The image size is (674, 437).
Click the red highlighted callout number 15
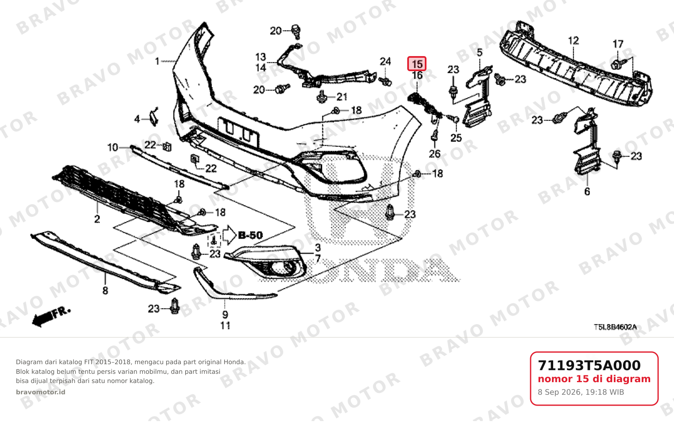417,64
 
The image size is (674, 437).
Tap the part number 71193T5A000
589,365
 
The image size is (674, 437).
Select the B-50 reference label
250,235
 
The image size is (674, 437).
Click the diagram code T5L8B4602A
615,327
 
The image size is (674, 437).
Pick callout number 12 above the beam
573,41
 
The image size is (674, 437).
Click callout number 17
618,44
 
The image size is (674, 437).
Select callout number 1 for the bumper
157,62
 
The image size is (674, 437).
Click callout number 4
137,119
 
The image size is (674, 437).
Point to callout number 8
105,290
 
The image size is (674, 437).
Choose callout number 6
587,192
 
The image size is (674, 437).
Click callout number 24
385,62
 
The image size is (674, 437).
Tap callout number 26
434,154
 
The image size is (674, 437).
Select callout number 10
113,148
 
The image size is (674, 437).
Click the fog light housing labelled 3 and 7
266,262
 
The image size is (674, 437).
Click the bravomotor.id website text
41,392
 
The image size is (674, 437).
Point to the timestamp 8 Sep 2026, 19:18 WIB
581,392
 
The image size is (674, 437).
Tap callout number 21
342,97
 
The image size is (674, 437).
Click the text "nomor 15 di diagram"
594,379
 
